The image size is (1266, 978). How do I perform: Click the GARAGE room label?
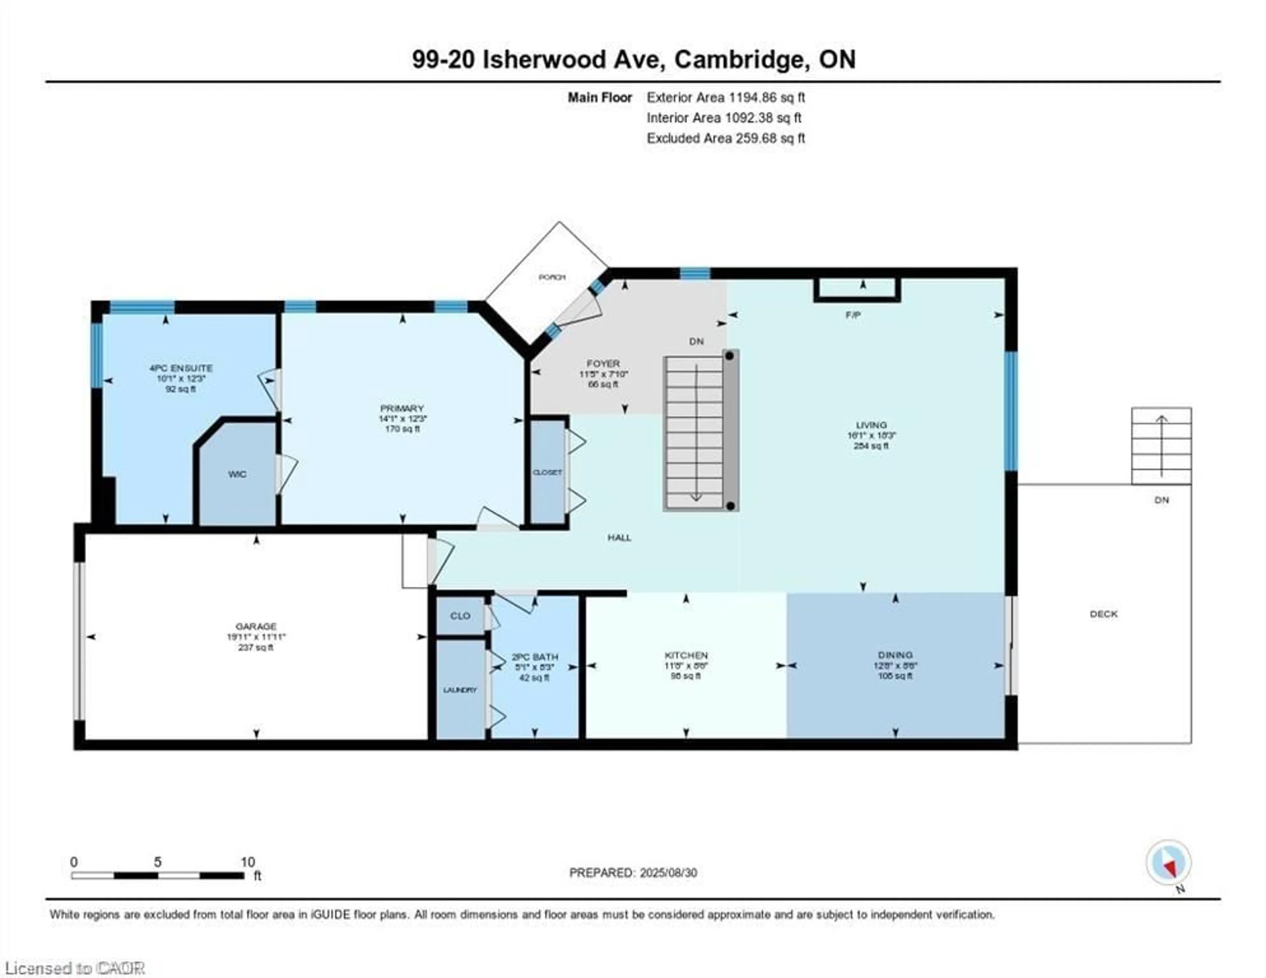tap(256, 626)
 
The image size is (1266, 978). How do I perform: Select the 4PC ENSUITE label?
tap(181, 368)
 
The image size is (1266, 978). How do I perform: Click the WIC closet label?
tap(237, 474)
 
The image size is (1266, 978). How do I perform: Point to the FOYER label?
tap(603, 364)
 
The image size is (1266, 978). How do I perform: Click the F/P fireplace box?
tap(857, 289)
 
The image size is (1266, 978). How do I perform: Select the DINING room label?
tap(895, 655)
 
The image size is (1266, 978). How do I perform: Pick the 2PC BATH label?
tap(534, 657)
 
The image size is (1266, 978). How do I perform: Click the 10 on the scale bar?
tap(248, 862)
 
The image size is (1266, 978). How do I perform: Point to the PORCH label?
tap(552, 277)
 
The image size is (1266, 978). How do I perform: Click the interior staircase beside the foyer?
tap(694, 432)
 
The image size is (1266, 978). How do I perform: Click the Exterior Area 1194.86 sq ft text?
tap(726, 97)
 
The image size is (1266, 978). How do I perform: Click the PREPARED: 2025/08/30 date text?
tap(633, 873)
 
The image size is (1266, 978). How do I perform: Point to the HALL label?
tap(619, 537)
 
